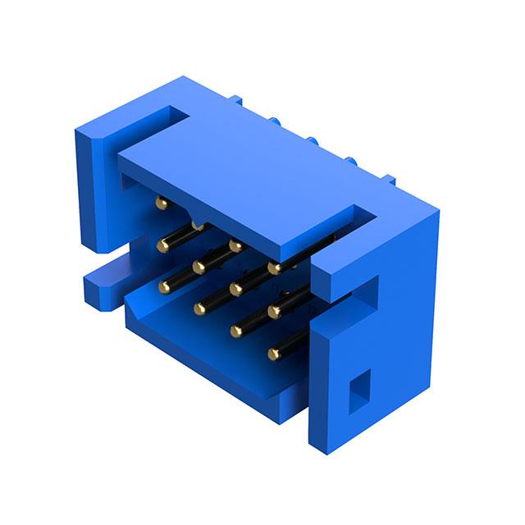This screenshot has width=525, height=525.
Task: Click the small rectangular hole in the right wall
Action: coord(358,390)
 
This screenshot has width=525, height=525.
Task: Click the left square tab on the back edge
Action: coord(236,101)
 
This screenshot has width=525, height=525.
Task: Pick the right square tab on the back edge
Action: coord(390,180)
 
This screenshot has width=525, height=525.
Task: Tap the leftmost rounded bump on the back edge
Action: coord(276,122)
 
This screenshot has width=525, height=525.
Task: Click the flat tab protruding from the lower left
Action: coord(103,283)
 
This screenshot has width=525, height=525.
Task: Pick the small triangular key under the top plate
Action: coord(198,222)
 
